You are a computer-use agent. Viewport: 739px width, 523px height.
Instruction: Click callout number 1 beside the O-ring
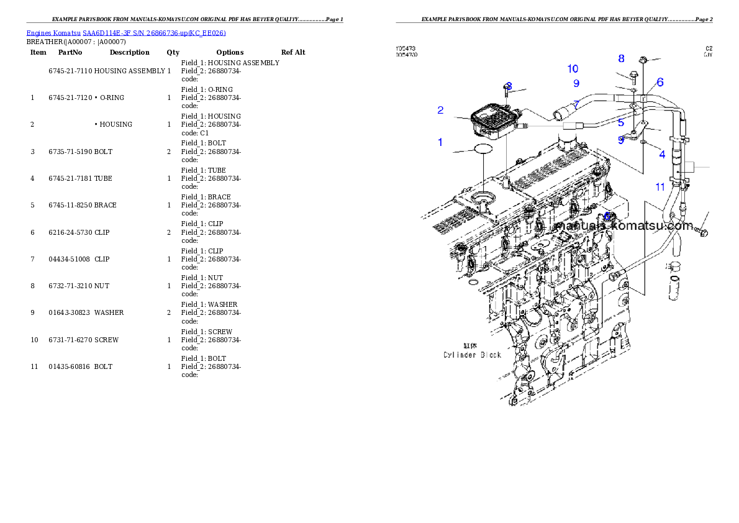(x=440, y=142)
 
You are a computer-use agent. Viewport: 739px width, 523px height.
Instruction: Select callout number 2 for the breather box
(x=440, y=111)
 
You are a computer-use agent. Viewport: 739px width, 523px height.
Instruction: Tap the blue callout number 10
(x=573, y=68)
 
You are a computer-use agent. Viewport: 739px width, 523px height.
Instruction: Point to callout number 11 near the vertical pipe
(x=660, y=186)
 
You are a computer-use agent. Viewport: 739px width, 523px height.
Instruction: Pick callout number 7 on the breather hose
(x=576, y=104)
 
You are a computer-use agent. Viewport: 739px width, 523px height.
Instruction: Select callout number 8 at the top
(x=621, y=59)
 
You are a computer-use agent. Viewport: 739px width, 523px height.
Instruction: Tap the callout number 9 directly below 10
(x=576, y=83)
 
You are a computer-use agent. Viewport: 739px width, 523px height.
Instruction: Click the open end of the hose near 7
(x=558, y=114)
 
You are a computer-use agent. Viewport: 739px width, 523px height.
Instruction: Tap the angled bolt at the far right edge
(x=702, y=230)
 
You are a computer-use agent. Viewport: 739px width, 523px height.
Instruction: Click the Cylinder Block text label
(x=472, y=355)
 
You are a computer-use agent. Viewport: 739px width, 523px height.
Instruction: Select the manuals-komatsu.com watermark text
(x=623, y=225)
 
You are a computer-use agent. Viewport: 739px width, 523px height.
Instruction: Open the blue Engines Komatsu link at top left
(x=126, y=33)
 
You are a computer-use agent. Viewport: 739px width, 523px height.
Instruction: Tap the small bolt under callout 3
(x=506, y=91)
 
